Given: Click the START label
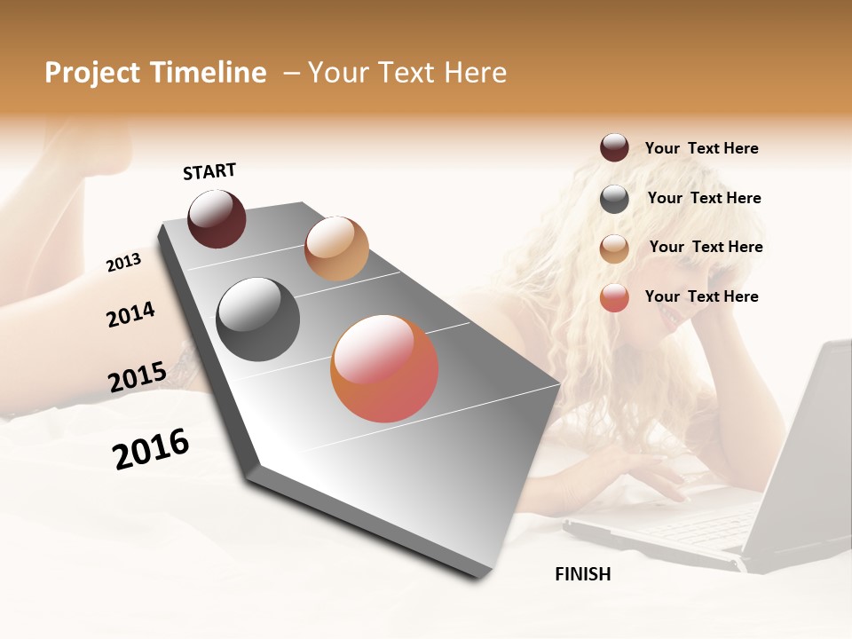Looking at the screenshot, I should point(209,171).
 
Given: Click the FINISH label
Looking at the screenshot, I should point(582,574).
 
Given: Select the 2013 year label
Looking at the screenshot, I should point(123,262).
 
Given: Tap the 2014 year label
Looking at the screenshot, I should point(130,314).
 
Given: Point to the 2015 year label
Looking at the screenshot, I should point(137,377).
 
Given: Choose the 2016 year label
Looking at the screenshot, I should point(151,449).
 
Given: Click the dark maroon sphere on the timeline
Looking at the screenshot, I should point(217,218).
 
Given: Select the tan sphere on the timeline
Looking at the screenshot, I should point(336,248).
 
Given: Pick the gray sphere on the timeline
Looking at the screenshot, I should point(258,319).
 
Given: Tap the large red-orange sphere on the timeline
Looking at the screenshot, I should point(384,368).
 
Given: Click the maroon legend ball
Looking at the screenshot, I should point(614,148).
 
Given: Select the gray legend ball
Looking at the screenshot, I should point(614,199).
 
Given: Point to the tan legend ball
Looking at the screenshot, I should point(614,248).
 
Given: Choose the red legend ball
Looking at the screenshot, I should point(614,297).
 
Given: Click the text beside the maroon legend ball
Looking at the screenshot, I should point(701,148).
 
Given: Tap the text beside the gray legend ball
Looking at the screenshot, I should point(704,198).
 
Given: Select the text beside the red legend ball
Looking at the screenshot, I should point(701,296).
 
